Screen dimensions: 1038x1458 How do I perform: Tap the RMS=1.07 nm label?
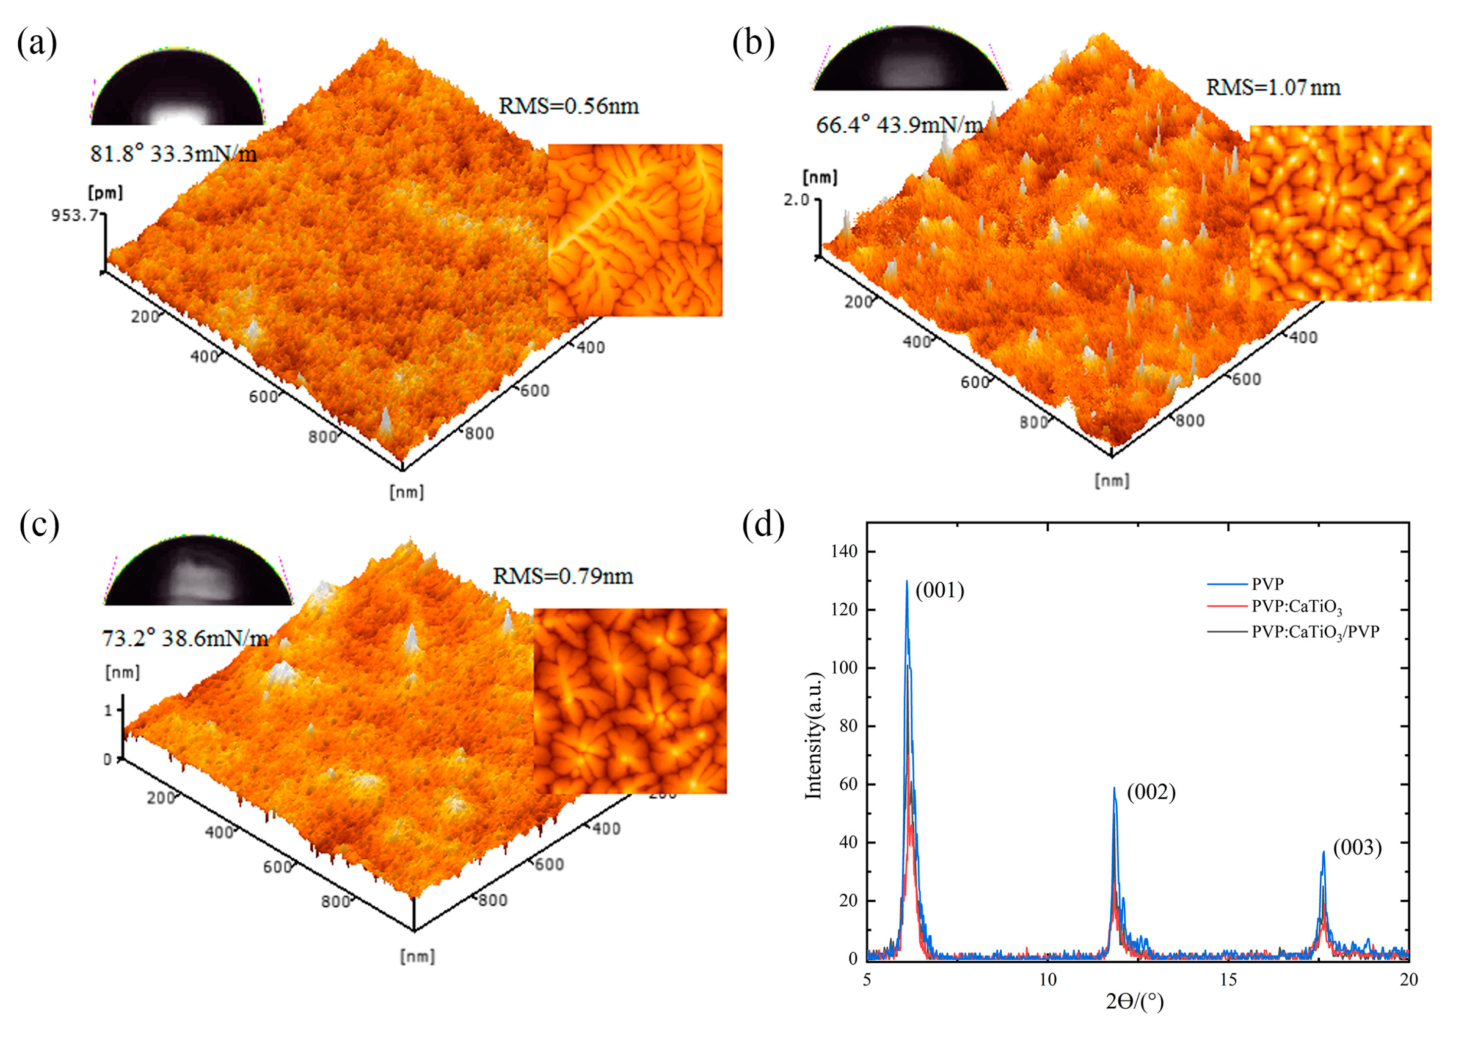1273,87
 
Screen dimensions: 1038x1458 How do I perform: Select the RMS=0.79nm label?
562,577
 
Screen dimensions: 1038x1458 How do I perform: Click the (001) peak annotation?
939,591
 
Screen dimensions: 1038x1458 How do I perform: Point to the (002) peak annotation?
1151,793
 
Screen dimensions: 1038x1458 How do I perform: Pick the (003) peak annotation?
1357,848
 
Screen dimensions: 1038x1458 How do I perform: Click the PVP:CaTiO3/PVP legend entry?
1315,632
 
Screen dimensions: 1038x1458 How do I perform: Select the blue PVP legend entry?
1268,584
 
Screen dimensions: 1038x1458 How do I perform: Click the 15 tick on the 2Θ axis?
1228,980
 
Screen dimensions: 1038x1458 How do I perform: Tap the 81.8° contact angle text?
117,153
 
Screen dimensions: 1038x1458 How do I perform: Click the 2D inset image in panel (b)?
1340,213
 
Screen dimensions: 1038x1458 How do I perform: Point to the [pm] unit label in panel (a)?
105,192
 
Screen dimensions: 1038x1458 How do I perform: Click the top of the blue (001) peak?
906,582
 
